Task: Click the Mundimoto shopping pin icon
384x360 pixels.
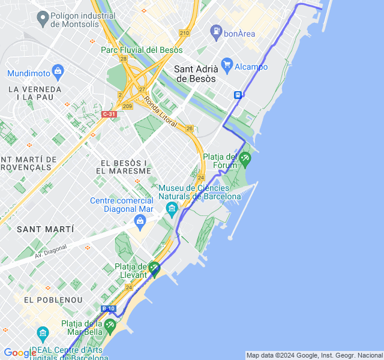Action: [58, 72]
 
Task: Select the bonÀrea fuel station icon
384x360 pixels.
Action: [216, 31]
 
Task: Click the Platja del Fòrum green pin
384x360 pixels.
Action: [244, 159]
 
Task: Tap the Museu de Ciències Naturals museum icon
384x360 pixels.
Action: [172, 210]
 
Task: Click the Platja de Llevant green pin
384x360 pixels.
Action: [155, 269]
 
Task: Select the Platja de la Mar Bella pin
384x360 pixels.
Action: [110, 326]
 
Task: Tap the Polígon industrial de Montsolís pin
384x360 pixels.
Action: [43, 19]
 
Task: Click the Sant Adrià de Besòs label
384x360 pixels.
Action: [195, 74]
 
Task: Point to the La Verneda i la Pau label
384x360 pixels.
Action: [35, 93]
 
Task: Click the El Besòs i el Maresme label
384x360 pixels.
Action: [125, 167]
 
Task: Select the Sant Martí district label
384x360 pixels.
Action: [46, 229]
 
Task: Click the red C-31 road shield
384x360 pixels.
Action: [109, 114]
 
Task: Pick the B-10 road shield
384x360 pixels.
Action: [108, 308]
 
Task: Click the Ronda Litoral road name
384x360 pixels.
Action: [161, 113]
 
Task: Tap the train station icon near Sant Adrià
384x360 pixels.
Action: [238, 94]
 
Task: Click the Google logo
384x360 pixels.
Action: [20, 353]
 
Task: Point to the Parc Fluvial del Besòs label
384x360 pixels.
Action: [142, 50]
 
